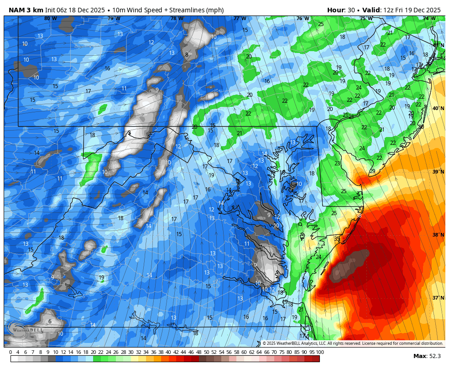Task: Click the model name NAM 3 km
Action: pyautogui.click(x=26, y=10)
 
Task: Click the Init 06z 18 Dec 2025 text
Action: pyautogui.click(x=77, y=10)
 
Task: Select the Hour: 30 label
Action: pyautogui.click(x=341, y=10)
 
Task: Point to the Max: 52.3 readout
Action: pyautogui.click(x=427, y=356)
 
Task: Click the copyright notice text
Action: pyautogui.click(x=352, y=343)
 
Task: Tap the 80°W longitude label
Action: pyautogui.click(x=51, y=19)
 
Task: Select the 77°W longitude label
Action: pyautogui.click(x=240, y=19)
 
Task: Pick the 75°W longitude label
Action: pyautogui.click(x=365, y=19)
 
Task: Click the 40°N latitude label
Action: pyautogui.click(x=438, y=108)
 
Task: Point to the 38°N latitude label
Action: pyautogui.click(x=438, y=235)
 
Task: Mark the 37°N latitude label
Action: pyautogui.click(x=438, y=298)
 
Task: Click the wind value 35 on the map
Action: pyautogui.click(x=337, y=239)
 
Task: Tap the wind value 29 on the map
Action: pyautogui.click(x=372, y=171)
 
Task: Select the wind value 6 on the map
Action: pyautogui.click(x=50, y=322)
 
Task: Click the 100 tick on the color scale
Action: pyautogui.click(x=320, y=352)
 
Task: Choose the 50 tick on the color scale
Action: pyautogui.click(x=206, y=352)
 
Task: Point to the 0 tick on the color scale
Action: pyautogui.click(x=11, y=352)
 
